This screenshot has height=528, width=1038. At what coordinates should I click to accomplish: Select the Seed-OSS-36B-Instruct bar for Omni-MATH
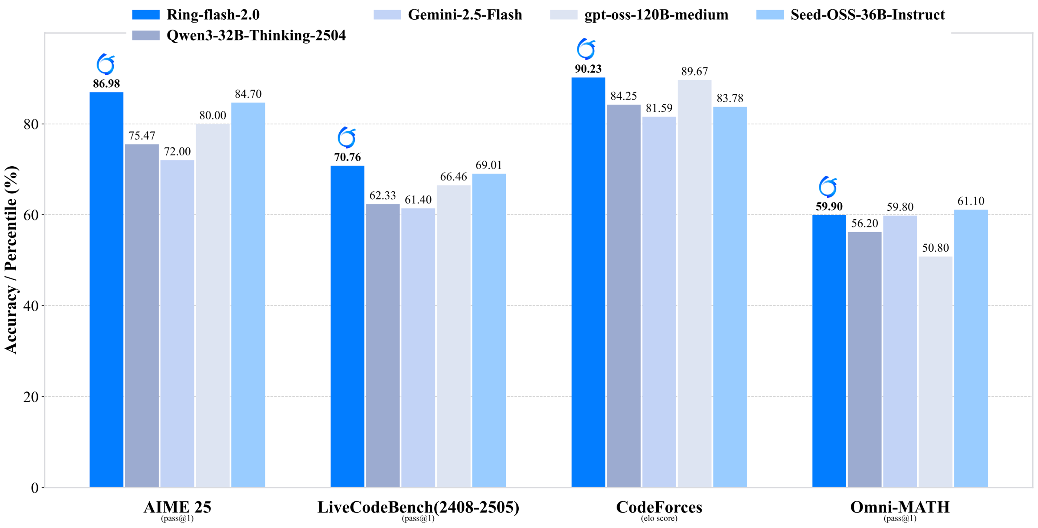click(971, 348)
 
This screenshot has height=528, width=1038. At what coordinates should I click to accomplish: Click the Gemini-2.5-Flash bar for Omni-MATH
click(900, 351)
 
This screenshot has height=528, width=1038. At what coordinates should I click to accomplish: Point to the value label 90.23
click(588, 69)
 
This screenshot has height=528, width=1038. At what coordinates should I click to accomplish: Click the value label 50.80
click(935, 248)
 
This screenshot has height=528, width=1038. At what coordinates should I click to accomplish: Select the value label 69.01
click(489, 165)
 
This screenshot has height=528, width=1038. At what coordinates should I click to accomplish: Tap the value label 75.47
click(142, 136)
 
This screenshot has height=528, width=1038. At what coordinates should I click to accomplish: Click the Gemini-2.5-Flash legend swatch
click(387, 15)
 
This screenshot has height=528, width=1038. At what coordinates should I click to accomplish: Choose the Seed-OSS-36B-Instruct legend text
click(867, 15)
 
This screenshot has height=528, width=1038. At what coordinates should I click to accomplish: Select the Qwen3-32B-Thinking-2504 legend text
click(256, 35)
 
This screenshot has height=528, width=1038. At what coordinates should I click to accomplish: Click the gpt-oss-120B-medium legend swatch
click(563, 15)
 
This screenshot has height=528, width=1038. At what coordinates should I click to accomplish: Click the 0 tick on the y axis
click(35, 488)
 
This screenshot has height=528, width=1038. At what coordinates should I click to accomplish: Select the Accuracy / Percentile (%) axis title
click(11, 260)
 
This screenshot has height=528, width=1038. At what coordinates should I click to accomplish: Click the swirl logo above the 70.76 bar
click(347, 137)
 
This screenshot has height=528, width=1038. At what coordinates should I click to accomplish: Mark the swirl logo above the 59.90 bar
click(828, 187)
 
